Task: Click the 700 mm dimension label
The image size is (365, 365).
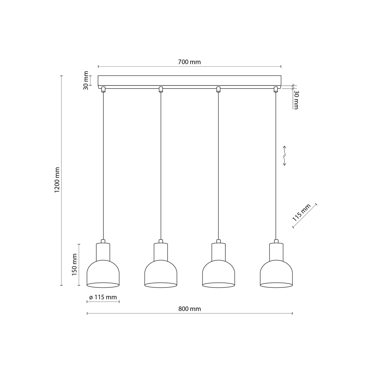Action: click(189, 62)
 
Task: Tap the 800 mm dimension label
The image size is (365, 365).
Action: click(189, 309)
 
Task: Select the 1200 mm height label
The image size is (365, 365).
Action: click(57, 180)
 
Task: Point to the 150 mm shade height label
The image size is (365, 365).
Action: click(75, 265)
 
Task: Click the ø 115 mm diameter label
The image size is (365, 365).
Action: click(103, 297)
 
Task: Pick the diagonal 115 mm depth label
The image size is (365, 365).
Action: click(301, 213)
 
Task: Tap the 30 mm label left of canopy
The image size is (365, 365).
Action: click(86, 81)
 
